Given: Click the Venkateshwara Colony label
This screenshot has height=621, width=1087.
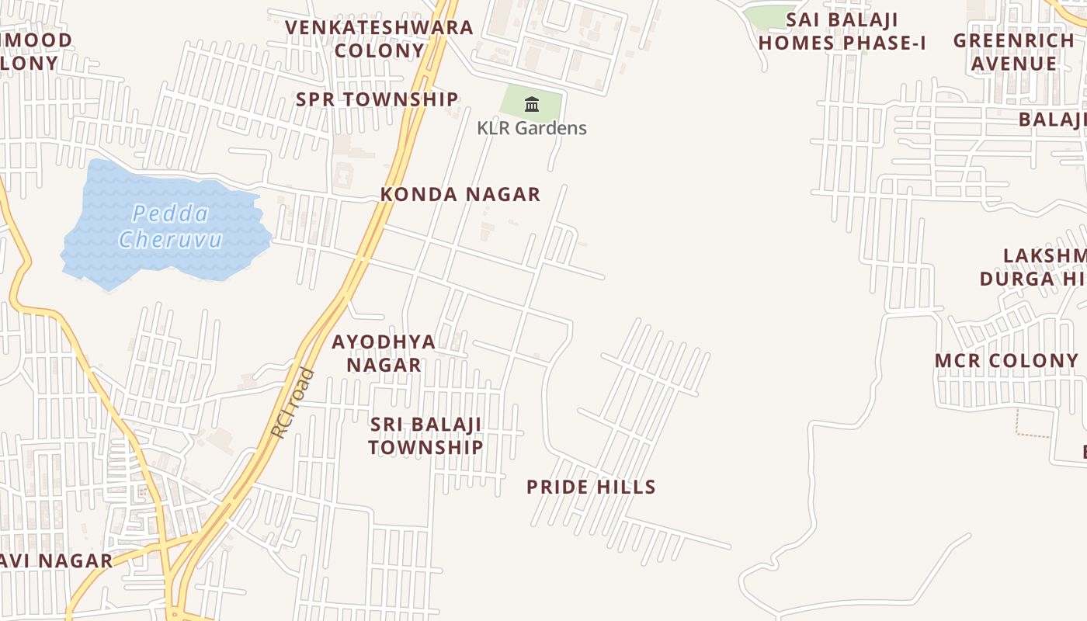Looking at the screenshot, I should tap(379, 39).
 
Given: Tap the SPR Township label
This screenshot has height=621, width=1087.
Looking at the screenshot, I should tap(377, 99).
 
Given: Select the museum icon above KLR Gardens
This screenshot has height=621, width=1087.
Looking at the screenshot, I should tap(532, 104).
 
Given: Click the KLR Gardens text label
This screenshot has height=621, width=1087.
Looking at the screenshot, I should tap(532, 128).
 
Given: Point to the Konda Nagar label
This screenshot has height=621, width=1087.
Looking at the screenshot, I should tap(460, 194).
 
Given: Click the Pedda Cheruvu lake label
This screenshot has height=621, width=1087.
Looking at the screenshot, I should tap(170, 226).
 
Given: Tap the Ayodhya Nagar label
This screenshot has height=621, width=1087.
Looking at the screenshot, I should tap(384, 352).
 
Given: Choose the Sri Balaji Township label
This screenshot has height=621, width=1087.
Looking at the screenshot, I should tap(425, 435).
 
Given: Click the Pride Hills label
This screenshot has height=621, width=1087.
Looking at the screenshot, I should tap(591, 487).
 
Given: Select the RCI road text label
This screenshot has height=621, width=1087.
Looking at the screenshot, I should tap(294, 403).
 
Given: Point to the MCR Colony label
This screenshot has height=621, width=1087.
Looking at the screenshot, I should tap(1006, 360).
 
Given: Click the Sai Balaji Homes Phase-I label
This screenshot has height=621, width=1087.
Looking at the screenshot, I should tap(842, 31).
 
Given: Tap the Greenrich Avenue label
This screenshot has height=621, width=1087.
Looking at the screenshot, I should tap(1014, 51).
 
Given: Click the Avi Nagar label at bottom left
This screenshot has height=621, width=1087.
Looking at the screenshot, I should tap(56, 560).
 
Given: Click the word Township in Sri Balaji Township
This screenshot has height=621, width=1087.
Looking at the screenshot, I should tap(425, 447).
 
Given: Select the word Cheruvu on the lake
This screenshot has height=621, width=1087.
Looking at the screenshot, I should tap(170, 239).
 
